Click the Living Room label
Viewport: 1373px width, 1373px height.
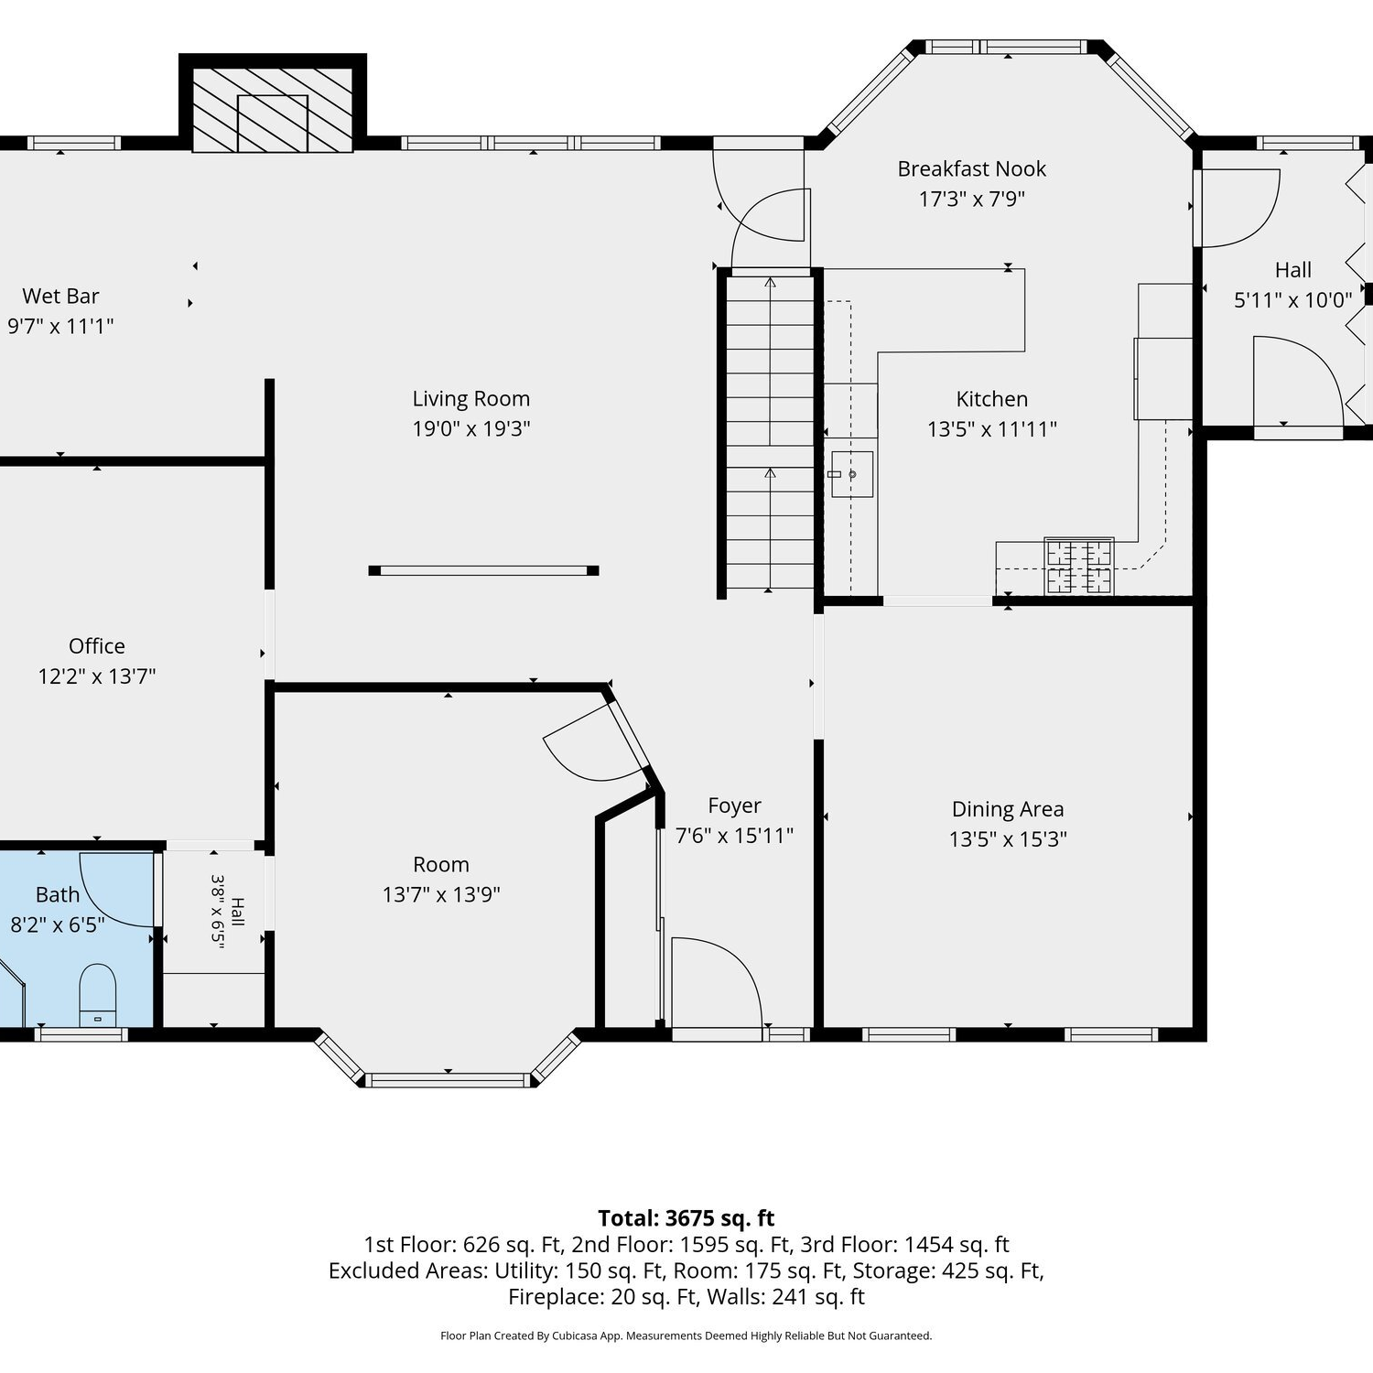pos(470,399)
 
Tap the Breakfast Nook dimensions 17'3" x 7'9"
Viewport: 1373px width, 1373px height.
pos(971,199)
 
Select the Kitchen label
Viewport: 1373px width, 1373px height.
pos(991,399)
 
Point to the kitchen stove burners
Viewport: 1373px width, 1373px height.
pos(1079,567)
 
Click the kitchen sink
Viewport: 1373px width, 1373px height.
pos(851,474)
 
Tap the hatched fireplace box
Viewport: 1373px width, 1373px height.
pos(273,109)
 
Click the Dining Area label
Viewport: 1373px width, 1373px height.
pos(1008,809)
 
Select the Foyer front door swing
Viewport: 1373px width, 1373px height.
pos(718,983)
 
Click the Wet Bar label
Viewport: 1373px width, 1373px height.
pos(60,296)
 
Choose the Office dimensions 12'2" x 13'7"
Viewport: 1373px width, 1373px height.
pos(97,676)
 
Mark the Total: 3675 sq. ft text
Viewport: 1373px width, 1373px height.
pos(686,1218)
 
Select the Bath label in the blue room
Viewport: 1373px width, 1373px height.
pos(58,895)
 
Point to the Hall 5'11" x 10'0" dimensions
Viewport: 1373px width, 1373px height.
pos(1292,300)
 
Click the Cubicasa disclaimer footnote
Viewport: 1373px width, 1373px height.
pos(686,1335)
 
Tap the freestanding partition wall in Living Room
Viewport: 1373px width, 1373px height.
pos(483,570)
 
